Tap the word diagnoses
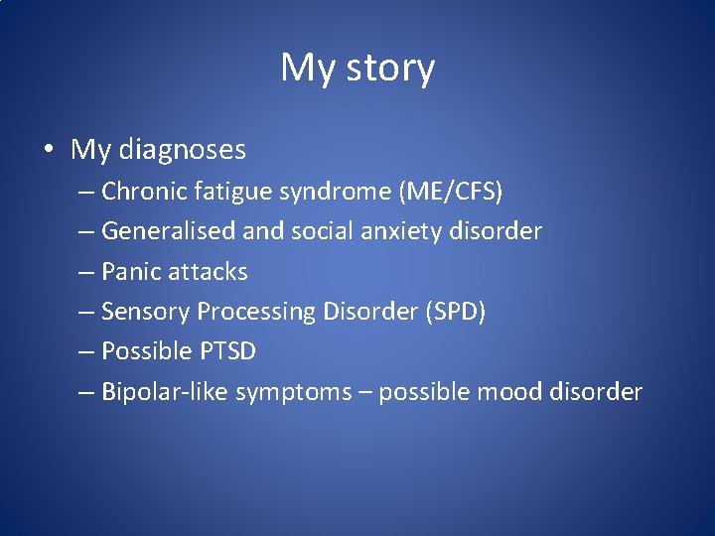pyautogui.click(x=183, y=150)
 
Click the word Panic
pyautogui.click(x=132, y=271)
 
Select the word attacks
pyautogui.click(x=210, y=271)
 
